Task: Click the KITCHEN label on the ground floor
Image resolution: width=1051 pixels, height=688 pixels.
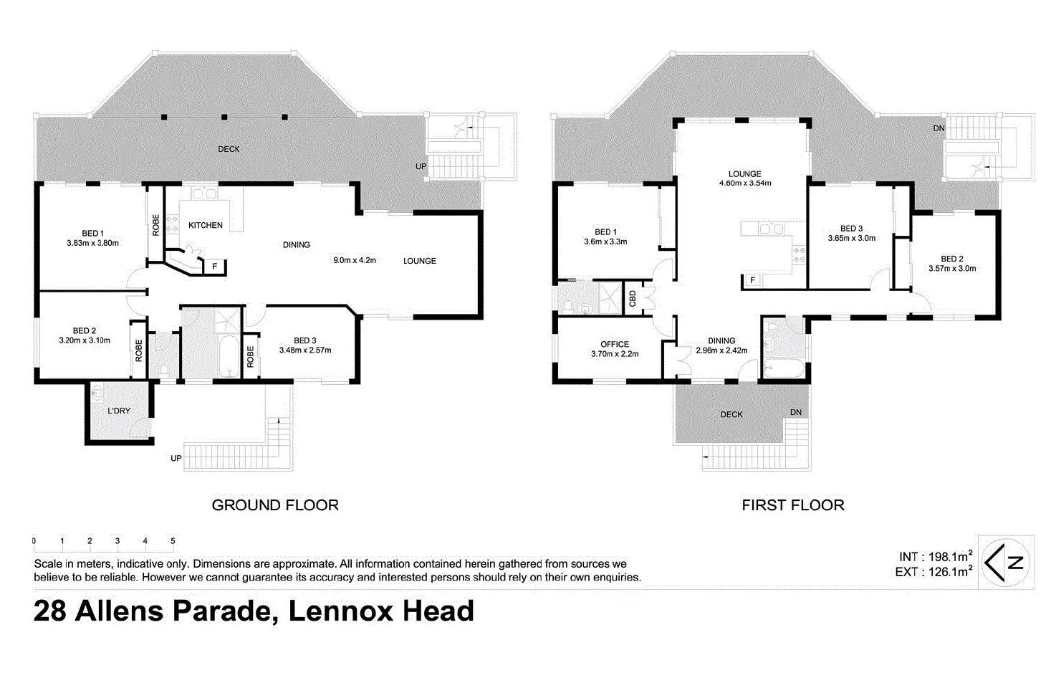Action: pyautogui.click(x=206, y=225)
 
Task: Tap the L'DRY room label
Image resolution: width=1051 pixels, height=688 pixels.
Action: pyautogui.click(x=119, y=411)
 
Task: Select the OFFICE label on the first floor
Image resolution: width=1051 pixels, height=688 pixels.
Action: pyautogui.click(x=615, y=344)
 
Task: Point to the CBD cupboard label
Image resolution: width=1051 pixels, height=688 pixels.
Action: pyautogui.click(x=633, y=298)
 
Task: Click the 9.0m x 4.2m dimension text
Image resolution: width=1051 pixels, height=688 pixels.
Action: pyautogui.click(x=355, y=260)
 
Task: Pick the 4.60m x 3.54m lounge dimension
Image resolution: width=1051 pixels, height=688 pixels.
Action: pyautogui.click(x=745, y=183)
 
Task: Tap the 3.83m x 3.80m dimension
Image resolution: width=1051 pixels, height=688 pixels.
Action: pyautogui.click(x=92, y=243)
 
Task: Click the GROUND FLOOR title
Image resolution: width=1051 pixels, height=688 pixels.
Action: pyautogui.click(x=275, y=505)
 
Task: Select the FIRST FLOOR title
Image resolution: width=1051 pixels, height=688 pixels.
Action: pyautogui.click(x=793, y=505)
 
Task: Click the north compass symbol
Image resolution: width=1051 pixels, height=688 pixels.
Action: pyautogui.click(x=1006, y=563)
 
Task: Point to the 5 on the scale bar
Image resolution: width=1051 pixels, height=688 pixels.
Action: pyautogui.click(x=173, y=540)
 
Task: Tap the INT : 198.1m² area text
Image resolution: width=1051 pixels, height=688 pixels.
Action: pyautogui.click(x=935, y=556)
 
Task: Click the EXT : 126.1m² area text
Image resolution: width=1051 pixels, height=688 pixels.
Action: pyautogui.click(x=934, y=572)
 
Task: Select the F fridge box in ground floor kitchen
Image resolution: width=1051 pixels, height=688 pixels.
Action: pyautogui.click(x=215, y=267)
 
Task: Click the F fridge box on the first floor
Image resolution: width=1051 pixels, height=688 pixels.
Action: pyautogui.click(x=752, y=280)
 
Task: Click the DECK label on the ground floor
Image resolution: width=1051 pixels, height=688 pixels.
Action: pyautogui.click(x=229, y=149)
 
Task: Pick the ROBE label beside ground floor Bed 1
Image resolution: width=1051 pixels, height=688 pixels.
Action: pyautogui.click(x=155, y=225)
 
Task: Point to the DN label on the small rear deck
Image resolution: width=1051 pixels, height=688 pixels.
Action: pyautogui.click(x=796, y=412)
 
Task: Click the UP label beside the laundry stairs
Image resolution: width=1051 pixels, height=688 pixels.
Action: pyautogui.click(x=176, y=458)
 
